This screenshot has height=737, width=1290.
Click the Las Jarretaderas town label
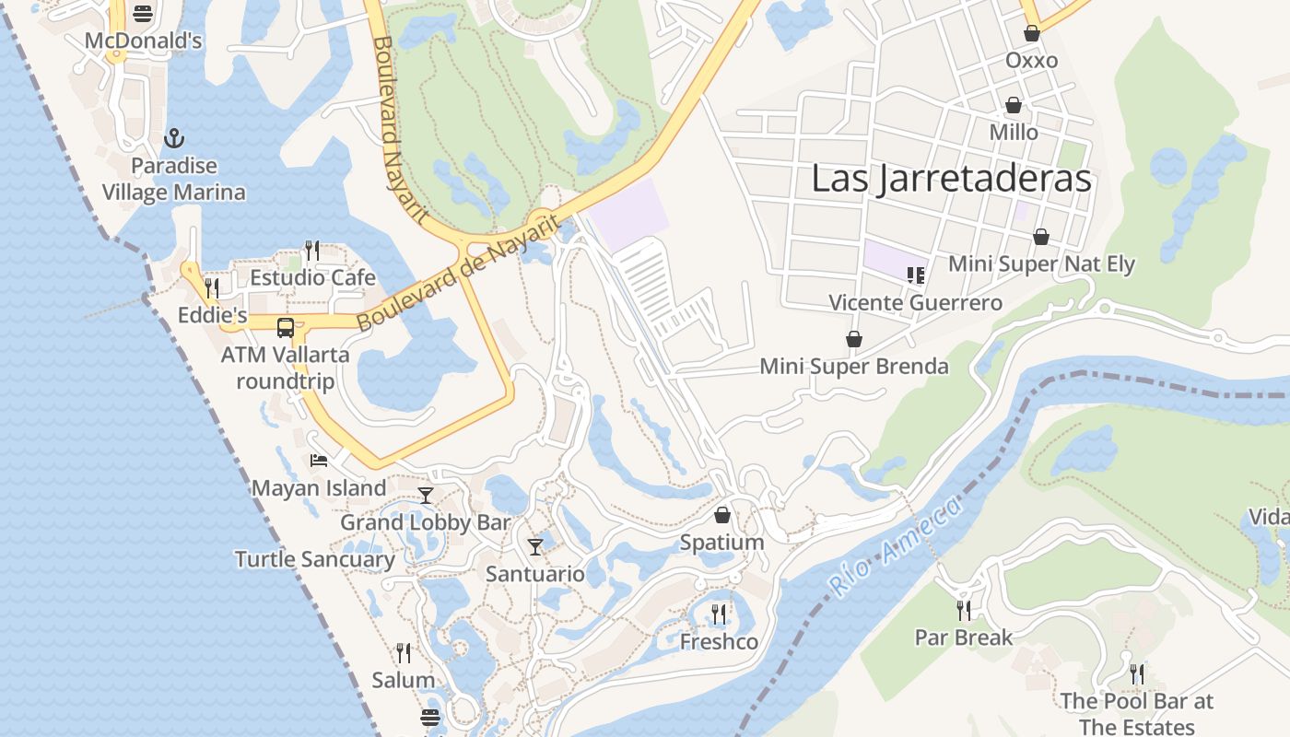tap(951, 179)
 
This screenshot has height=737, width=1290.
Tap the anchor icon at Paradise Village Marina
tap(174, 139)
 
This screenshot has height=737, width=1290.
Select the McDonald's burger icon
tap(142, 14)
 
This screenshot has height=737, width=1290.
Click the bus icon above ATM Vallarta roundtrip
tap(286, 327)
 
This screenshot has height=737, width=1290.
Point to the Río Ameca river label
tap(895, 544)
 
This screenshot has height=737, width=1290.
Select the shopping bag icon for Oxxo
tap(1031, 33)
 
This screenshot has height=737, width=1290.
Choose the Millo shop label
tap(1014, 133)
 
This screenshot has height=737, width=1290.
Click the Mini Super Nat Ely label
tap(1041, 263)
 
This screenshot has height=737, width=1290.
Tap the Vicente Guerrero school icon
tap(915, 275)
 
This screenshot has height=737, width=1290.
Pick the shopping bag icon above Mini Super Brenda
tap(854, 339)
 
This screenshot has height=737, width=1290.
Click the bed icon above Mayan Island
tap(319, 461)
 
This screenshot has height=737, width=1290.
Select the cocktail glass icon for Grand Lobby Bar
tap(425, 496)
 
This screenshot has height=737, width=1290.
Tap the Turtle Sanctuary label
tap(314, 559)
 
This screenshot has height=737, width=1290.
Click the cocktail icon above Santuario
tap(535, 547)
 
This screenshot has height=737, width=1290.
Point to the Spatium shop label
tap(721, 543)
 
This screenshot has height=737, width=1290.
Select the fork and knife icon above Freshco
tap(719, 614)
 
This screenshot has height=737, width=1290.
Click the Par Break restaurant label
tap(963, 638)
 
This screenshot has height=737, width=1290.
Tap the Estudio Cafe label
tap(312, 277)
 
